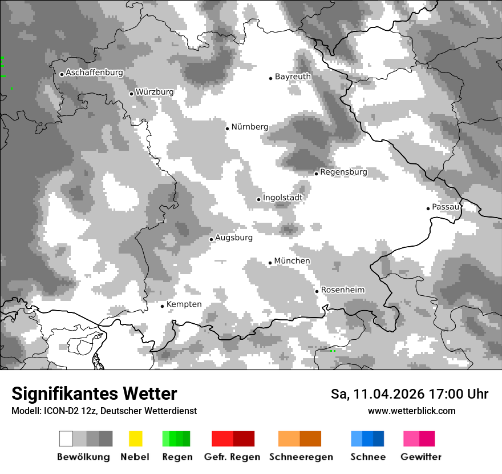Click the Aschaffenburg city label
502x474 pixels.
click(94, 73)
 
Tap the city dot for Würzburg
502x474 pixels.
click(131, 94)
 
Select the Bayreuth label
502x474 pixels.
click(293, 77)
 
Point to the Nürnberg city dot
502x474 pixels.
click(227, 128)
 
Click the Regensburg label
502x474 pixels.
click(343, 172)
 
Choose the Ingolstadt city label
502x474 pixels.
click(282, 198)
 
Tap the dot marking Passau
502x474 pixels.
click(428, 208)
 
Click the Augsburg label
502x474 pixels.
click(233, 238)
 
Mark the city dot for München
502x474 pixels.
click(270, 263)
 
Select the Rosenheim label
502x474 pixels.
click(342, 290)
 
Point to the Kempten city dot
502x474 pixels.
click(162, 306)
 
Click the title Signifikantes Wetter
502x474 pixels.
click(94, 394)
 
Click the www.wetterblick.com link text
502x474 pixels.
click(411, 411)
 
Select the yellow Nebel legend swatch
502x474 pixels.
click(135, 439)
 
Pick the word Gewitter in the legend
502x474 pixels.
click(420, 457)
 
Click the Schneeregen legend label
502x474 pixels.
click(301, 457)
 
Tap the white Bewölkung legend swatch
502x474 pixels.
click(66, 439)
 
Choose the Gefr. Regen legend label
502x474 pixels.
click(232, 457)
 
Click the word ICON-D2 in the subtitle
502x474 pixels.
click(59, 411)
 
